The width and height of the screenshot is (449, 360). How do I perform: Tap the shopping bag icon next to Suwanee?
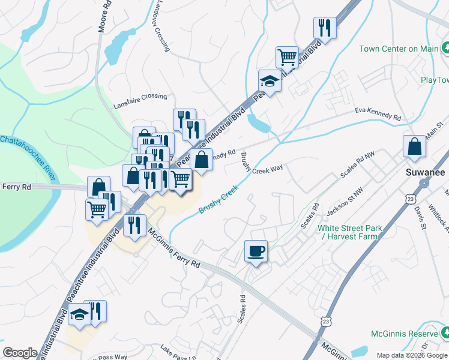[415, 146]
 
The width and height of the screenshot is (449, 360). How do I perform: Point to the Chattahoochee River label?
[28, 156]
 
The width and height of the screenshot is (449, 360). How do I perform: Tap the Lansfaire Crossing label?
[140, 101]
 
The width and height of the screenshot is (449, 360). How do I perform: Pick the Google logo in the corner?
[20, 353]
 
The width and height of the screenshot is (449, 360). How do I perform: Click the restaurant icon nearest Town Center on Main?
[324, 28]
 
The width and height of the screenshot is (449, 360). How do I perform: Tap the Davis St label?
[420, 217]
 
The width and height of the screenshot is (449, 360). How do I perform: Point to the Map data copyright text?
[412, 355]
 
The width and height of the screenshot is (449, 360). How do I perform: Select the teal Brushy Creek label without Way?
[218, 199]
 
